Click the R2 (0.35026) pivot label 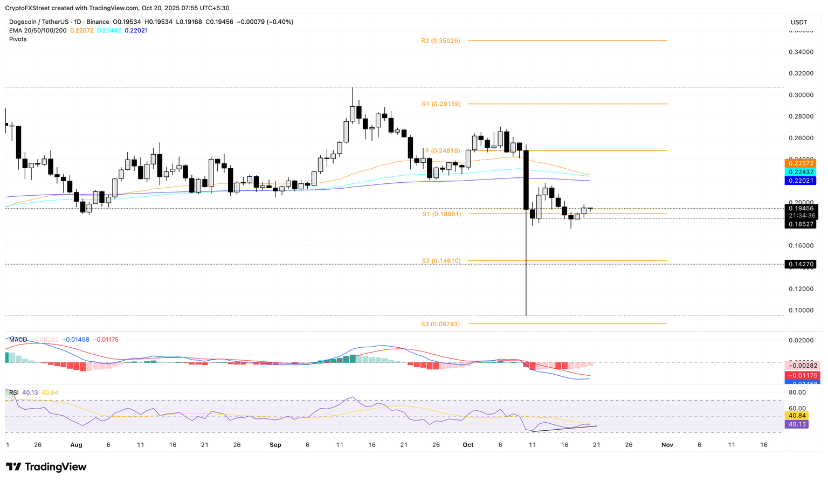(x=440, y=41)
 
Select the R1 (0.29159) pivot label (x=441, y=104)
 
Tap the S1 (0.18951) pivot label (x=441, y=214)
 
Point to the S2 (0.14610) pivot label (x=441, y=261)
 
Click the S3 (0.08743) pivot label (x=440, y=324)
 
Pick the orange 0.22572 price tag (x=801, y=163)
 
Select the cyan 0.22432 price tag (x=801, y=172)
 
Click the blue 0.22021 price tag (x=801, y=181)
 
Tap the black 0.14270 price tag (x=801, y=265)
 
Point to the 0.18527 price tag (x=801, y=224)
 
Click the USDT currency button (x=799, y=22)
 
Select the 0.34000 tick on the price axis (x=801, y=52)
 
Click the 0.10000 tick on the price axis (x=801, y=311)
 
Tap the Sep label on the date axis (x=275, y=445)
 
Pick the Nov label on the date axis (x=667, y=445)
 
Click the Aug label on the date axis (x=76, y=445)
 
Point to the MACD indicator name (x=18, y=340)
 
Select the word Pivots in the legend (x=18, y=39)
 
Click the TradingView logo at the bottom (x=46, y=467)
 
